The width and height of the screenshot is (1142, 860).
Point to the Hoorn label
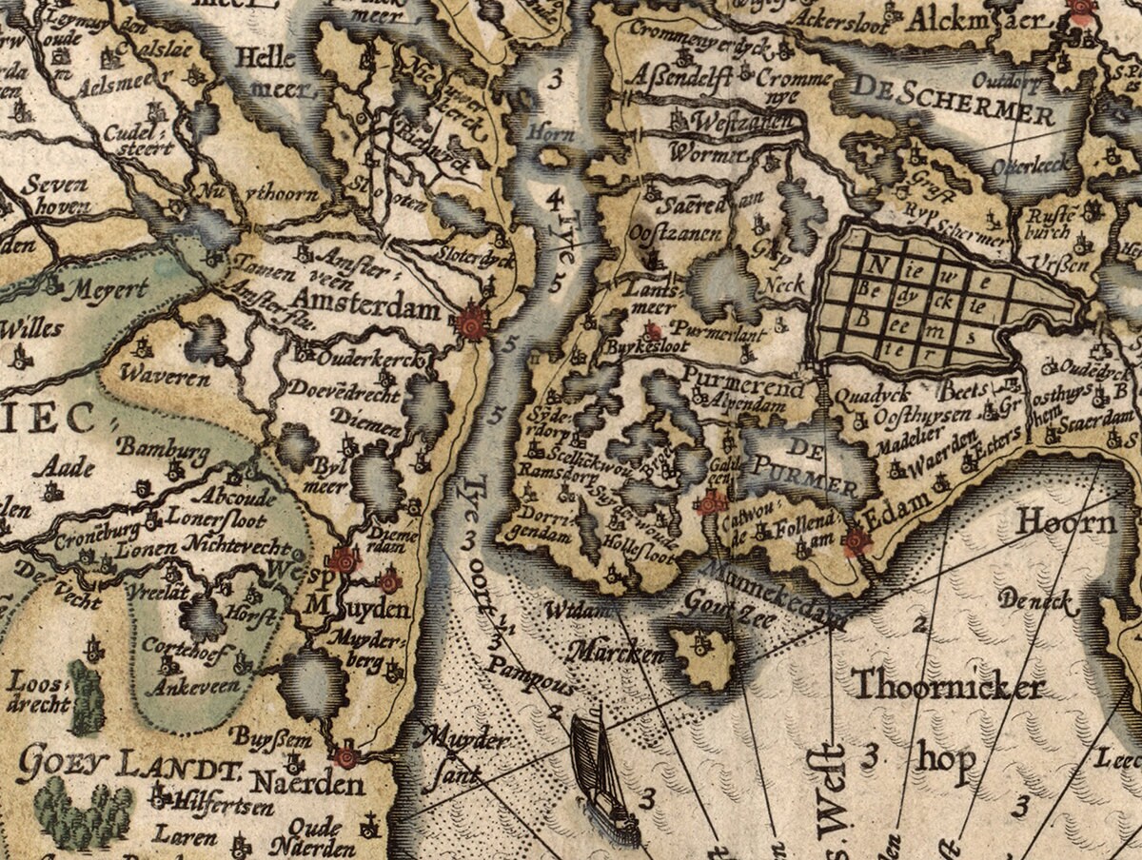[1066, 522]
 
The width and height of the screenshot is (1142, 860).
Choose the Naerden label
[306, 785]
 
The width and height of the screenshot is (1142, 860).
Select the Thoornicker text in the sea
[948, 686]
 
